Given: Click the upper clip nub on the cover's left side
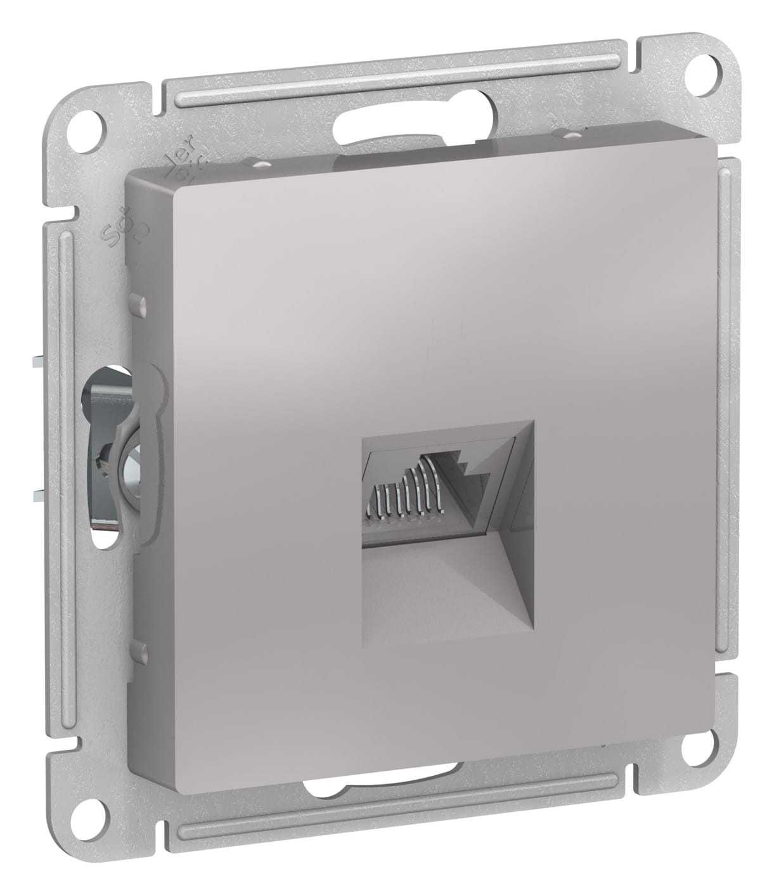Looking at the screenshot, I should [x=139, y=305].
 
